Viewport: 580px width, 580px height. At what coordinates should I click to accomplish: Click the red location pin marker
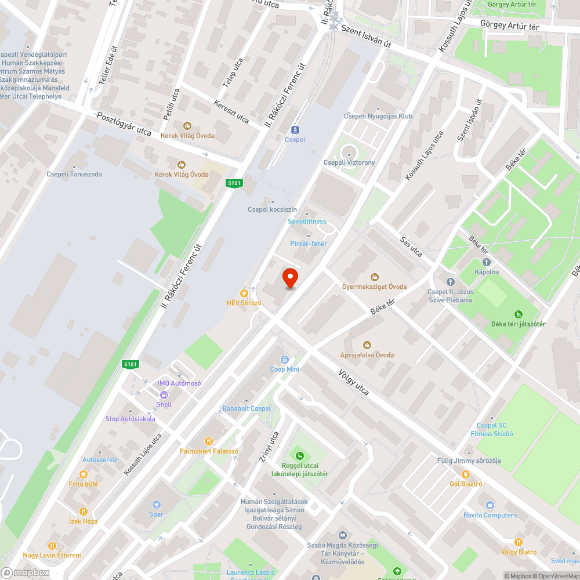[x=290, y=278]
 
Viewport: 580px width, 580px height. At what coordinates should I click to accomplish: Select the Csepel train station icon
[x=295, y=129]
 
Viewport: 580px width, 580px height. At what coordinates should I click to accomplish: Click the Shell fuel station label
[x=164, y=404]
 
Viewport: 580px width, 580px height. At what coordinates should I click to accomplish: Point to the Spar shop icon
[x=156, y=505]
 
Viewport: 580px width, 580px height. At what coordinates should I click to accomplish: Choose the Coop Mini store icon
[x=284, y=360]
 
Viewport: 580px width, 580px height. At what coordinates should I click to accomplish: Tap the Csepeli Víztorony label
[x=349, y=162]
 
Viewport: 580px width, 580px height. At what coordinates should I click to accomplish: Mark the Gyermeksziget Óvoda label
[x=374, y=287]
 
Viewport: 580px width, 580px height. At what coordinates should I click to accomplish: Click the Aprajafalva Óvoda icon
[x=367, y=345]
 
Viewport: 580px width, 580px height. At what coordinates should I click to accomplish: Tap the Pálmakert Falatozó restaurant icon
[x=209, y=441]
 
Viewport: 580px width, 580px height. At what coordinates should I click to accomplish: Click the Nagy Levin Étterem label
[x=52, y=555]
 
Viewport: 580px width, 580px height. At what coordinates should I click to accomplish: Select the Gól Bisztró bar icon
[x=466, y=474]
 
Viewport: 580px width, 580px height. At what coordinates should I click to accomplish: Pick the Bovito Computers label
[x=490, y=515]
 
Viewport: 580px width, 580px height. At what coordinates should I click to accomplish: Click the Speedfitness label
[x=307, y=222]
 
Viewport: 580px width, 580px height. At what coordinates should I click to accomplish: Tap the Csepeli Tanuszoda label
[x=74, y=174]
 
